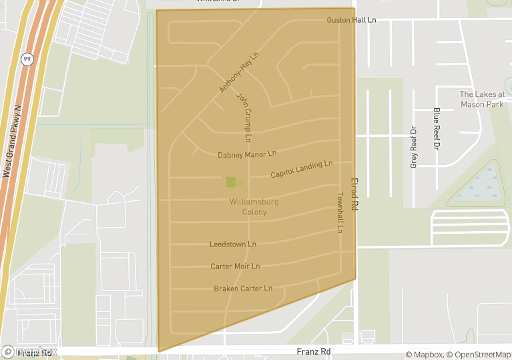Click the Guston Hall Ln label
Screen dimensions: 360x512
pyautogui.click(x=351, y=20)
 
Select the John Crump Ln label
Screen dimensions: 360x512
pyautogui.click(x=244, y=117)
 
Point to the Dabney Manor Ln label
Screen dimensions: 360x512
pyautogui.click(x=246, y=154)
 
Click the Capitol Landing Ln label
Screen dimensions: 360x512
pyautogui.click(x=301, y=170)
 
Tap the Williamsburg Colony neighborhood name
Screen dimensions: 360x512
pyautogui.click(x=254, y=206)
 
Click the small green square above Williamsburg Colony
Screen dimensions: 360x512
pyautogui.click(x=231, y=182)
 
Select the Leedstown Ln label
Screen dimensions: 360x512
pyautogui.click(x=232, y=244)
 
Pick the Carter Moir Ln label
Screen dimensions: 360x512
pyautogui.click(x=235, y=266)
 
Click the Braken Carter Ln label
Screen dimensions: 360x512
pyautogui.click(x=243, y=289)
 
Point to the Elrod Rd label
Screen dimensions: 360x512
pyautogui.click(x=354, y=194)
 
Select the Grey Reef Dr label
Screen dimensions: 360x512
pyautogui.click(x=413, y=147)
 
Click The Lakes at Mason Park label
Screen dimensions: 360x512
pyautogui.click(x=482, y=99)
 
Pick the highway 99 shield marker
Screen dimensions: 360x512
pyautogui.click(x=27, y=58)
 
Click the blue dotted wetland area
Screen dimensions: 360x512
pyautogui.click(x=479, y=185)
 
